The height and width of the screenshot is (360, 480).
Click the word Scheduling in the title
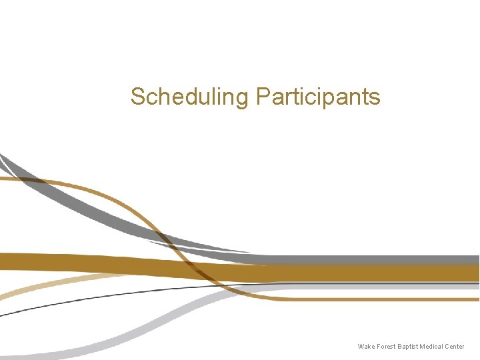point(189,97)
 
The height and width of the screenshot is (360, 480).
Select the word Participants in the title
point(318,97)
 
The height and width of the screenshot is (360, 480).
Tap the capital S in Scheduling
point(137,97)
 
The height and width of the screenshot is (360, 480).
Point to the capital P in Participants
point(263,97)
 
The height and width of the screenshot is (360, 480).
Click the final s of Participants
point(375,98)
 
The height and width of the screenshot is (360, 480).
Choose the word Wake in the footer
point(365,347)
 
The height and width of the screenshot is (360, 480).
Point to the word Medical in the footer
point(431,347)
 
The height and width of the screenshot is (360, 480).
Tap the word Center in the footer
point(455,347)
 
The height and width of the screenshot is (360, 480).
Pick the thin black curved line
point(100,297)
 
